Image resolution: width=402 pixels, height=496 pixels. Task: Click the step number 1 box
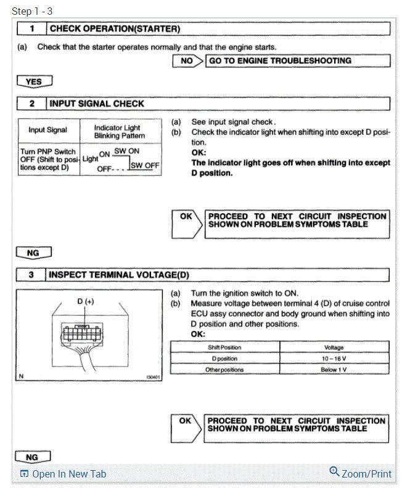coord(31,28)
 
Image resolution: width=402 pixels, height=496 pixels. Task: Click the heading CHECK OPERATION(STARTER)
coord(115,28)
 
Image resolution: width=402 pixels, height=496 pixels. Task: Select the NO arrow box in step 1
coord(188,61)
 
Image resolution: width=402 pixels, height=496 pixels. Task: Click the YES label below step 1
coord(34,81)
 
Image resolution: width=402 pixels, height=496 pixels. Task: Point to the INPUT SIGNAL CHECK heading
coord(97,103)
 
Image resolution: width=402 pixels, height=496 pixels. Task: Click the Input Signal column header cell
coord(47,130)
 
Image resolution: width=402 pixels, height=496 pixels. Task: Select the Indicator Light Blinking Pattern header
coord(120,131)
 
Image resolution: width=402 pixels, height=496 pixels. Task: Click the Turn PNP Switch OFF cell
coord(47,160)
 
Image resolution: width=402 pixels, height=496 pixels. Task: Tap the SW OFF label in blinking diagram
coord(145,165)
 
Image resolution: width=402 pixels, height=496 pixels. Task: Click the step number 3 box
coord(31,275)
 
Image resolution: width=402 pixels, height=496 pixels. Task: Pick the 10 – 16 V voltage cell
coord(334,359)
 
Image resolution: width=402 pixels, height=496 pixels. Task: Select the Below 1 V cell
coord(334,370)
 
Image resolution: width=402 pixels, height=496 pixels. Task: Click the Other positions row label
coord(224,370)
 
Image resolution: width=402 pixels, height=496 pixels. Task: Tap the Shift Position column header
coord(224,348)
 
